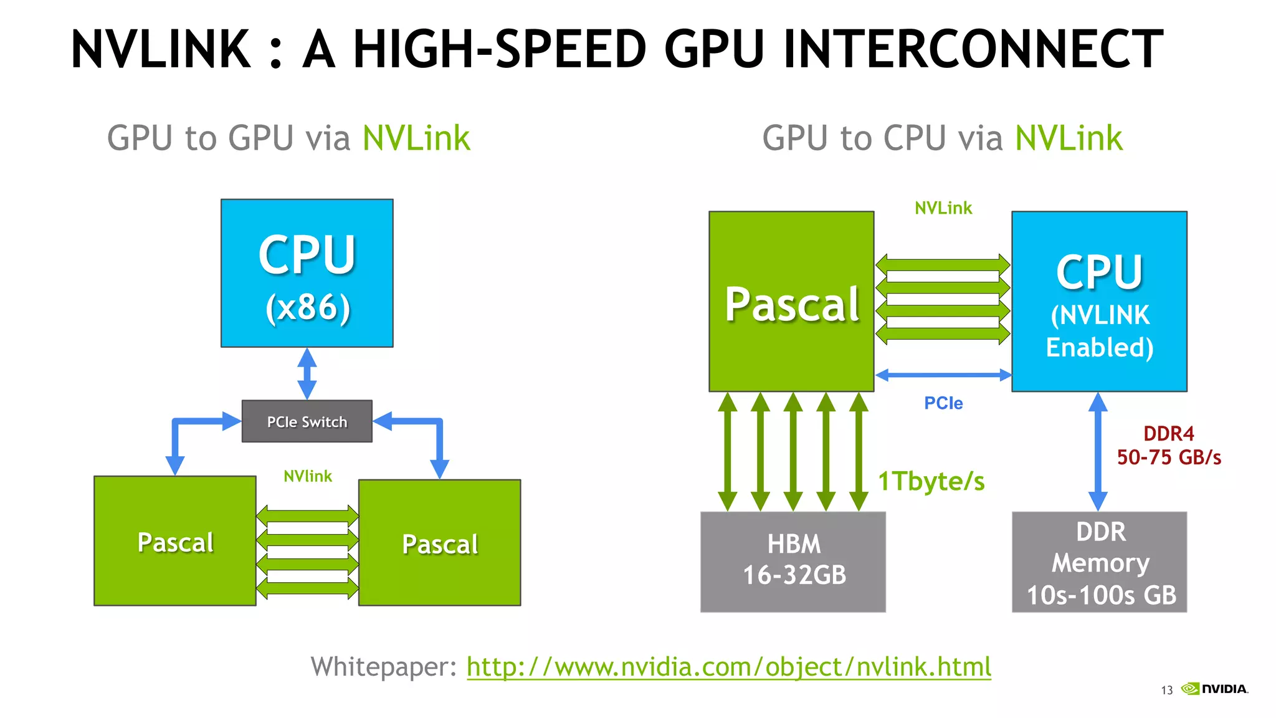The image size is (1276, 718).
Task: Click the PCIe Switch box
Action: (x=307, y=421)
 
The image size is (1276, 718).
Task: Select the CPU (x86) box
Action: (x=307, y=273)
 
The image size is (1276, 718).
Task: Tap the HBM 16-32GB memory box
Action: (x=793, y=562)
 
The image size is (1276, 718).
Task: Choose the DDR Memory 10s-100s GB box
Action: (x=1099, y=562)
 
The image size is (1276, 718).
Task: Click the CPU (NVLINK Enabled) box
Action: (x=1099, y=302)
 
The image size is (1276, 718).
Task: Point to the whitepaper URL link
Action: (x=728, y=667)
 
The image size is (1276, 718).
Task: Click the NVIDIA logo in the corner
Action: (x=1215, y=689)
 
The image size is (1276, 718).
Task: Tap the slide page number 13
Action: (x=1166, y=690)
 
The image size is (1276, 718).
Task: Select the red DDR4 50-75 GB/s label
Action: (x=1168, y=446)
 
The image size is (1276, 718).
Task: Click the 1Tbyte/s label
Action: (x=931, y=482)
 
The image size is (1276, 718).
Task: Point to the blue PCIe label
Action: (x=943, y=403)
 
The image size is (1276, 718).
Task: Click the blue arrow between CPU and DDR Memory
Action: (x=1098, y=451)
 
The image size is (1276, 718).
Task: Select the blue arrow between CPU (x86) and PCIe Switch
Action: (x=307, y=373)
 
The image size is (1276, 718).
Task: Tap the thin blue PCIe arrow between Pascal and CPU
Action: (x=943, y=375)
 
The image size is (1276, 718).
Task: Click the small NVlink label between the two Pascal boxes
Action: (x=307, y=476)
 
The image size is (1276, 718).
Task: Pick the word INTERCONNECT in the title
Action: (x=973, y=49)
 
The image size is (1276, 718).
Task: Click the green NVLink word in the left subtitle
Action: (x=416, y=138)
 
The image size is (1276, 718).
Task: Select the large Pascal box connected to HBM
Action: (x=791, y=302)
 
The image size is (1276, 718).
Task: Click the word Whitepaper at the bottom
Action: (x=384, y=667)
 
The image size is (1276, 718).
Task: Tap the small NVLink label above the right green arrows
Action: (x=943, y=208)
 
